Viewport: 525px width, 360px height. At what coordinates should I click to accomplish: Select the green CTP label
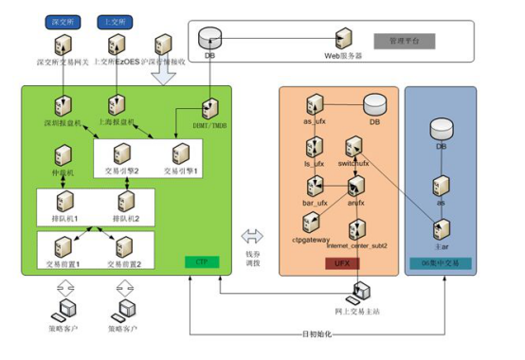[x=201, y=261]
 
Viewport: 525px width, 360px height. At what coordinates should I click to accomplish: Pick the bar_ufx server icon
[x=315, y=185]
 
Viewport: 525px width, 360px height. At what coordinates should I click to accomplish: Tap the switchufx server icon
[x=354, y=146]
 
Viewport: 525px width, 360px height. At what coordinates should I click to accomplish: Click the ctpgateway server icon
[x=315, y=224]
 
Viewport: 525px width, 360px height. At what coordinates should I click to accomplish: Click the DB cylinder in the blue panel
[x=441, y=130]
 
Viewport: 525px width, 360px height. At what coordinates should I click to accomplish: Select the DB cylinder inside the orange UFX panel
[x=373, y=104]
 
